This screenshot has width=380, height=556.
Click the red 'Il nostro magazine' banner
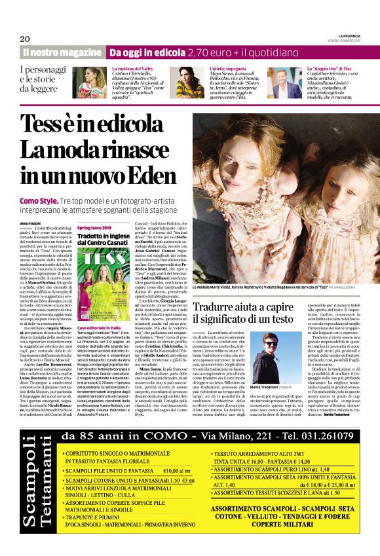click(62, 52)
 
